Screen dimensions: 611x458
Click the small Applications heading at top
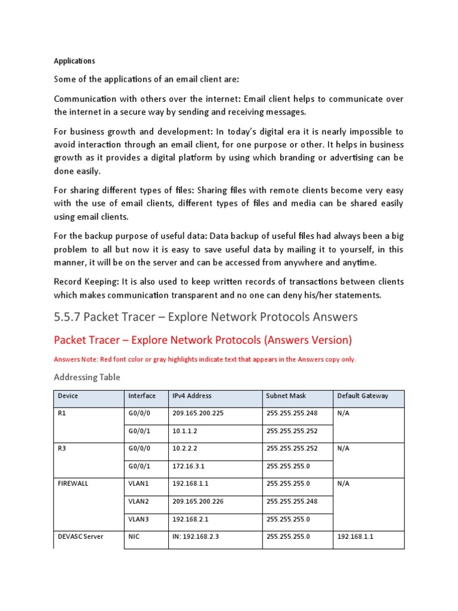tap(74, 61)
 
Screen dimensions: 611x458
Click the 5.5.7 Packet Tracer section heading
tap(206, 316)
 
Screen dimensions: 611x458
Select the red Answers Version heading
tap(203, 340)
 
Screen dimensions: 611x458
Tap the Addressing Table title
tap(87, 377)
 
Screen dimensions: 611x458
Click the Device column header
tap(68, 396)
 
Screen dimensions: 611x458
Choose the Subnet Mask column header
tap(286, 396)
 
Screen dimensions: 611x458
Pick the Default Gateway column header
tap(363, 396)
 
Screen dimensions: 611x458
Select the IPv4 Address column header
tap(192, 396)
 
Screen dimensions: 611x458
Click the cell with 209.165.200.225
tap(198, 413)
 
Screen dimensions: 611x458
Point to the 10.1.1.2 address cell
tap(186, 431)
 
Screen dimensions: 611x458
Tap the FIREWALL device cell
tap(73, 483)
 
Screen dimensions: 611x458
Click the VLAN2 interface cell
tap(138, 501)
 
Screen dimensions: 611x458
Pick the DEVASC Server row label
tap(81, 536)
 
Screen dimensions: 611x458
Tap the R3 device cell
tap(62, 448)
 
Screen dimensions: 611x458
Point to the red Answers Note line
tap(205, 359)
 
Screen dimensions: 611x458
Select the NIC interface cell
tap(134, 536)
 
